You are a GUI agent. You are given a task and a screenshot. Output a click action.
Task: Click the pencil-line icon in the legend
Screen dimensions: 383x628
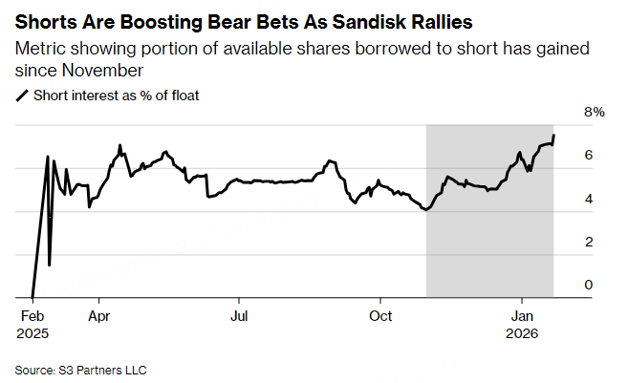22,95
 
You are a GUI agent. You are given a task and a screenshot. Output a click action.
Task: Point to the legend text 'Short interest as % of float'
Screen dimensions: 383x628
116,95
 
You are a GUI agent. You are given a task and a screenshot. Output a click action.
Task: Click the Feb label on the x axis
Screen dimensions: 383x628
32,314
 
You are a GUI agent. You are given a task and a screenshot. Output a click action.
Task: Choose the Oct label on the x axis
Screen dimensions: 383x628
381,314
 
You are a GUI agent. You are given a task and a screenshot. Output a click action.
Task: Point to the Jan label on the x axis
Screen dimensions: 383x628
523,314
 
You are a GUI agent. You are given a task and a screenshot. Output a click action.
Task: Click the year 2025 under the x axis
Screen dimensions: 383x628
33,333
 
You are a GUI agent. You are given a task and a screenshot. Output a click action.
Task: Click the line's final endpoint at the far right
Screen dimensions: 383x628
554,135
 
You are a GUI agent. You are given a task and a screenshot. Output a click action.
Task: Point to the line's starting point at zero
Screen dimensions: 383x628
32,297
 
